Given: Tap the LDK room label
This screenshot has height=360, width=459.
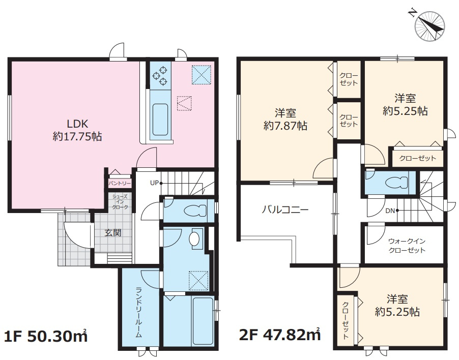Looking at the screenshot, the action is coord(77,124).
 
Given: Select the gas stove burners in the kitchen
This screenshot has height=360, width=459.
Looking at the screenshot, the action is coord(160,75).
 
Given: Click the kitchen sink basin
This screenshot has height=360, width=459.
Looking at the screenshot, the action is coord(160,119).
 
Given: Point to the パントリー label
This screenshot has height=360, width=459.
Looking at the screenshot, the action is coord(120,184).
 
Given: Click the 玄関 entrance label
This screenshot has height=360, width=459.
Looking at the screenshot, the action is coord(113,233).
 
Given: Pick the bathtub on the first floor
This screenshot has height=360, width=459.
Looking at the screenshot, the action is coord(203,320).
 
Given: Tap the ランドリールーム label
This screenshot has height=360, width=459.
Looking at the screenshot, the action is coord(139,312).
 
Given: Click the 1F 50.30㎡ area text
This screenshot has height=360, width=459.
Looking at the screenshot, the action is coord(46,337).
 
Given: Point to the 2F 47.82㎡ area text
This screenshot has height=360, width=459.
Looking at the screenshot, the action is coord(280,335).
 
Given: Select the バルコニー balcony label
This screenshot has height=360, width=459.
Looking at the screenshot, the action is coord(285,211).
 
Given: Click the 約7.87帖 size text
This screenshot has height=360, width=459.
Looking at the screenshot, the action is coord(285,126).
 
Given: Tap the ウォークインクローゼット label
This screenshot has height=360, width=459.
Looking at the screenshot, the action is coord(407,246).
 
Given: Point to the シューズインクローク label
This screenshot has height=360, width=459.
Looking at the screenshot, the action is coord(120,201).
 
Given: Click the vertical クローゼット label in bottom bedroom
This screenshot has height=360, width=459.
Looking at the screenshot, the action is coord(346,320).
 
